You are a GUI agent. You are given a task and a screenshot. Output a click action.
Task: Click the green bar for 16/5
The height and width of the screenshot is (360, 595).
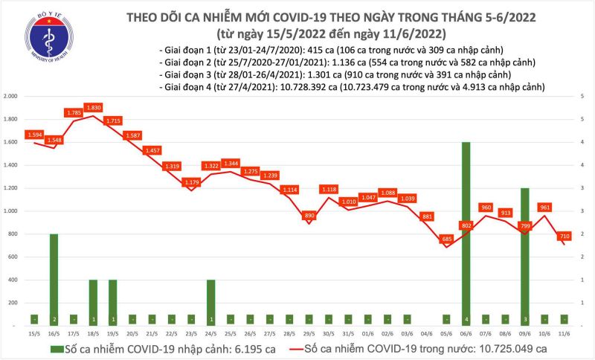pos(54,279)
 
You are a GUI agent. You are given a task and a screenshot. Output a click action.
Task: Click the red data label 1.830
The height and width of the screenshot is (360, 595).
pos(93,107)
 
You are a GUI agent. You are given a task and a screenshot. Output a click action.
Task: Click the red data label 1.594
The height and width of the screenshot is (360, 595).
pos(34,135)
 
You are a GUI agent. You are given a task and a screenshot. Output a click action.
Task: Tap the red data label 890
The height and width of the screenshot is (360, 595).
pos(309,215)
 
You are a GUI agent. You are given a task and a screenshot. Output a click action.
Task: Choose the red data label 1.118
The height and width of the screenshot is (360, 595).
pos(328,190)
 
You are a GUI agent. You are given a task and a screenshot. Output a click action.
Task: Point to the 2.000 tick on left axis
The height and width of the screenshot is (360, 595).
pos(10,97)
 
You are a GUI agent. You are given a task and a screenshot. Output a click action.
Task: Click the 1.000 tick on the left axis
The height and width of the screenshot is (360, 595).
pos(10,211)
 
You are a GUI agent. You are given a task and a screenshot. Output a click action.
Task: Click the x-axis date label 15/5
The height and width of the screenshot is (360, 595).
pos(34,333)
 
